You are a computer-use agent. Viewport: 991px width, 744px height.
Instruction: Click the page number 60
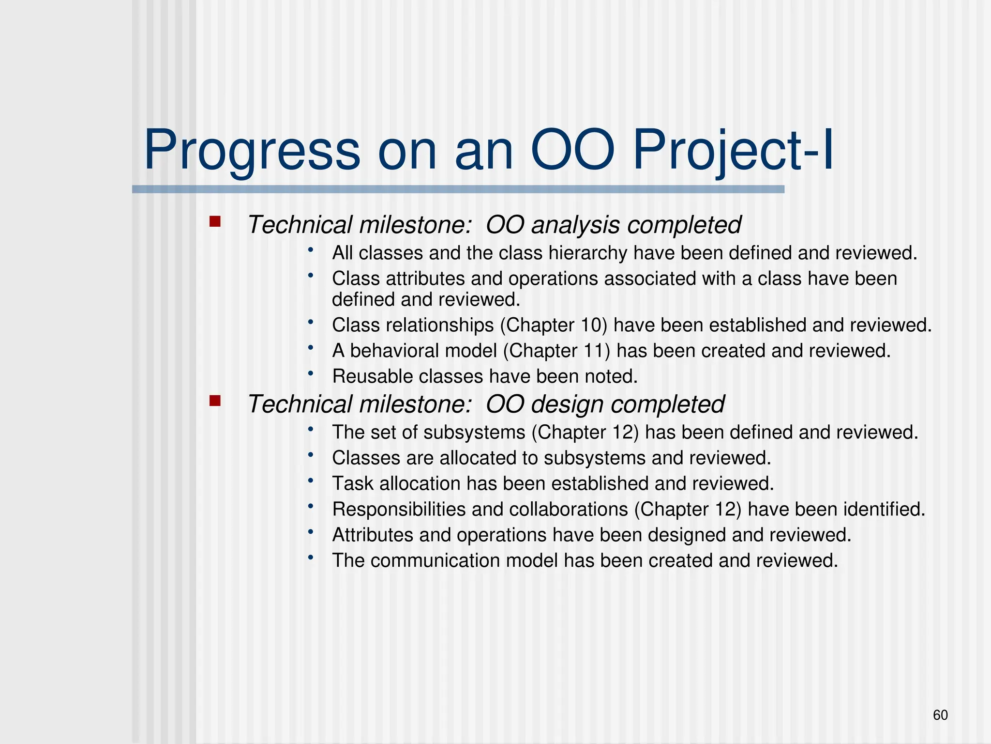940,715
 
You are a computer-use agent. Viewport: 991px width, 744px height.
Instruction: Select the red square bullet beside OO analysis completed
215,222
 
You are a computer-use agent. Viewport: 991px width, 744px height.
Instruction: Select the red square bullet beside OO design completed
215,401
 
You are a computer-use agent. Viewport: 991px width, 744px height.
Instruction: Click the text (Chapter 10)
553,325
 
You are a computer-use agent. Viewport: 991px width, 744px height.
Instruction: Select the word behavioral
423,351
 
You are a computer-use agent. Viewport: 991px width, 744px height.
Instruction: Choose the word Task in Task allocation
352,484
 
